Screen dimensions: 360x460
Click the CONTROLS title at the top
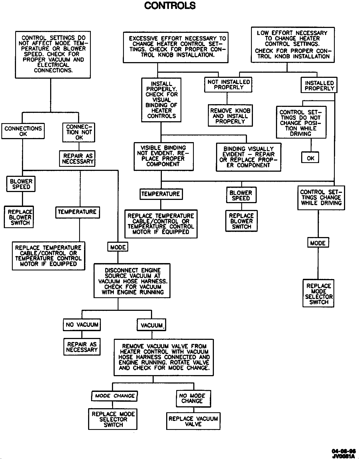point(170,5)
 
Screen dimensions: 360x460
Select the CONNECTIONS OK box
point(23,131)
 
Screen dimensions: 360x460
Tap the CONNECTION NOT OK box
point(79,132)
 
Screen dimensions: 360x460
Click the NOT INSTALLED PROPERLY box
point(228,85)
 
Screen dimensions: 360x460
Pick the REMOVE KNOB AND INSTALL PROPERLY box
point(230,116)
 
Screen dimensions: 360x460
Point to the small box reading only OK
point(310,158)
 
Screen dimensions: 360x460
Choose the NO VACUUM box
point(82,325)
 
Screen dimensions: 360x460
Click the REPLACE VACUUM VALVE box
point(193,421)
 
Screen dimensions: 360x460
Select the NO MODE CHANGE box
point(193,398)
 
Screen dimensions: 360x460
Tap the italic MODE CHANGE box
point(114,396)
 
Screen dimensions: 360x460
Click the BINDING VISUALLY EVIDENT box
point(249,157)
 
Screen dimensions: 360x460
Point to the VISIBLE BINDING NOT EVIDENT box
point(163,156)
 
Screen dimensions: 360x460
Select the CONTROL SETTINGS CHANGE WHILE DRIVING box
point(321,198)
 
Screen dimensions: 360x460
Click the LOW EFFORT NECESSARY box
point(292,45)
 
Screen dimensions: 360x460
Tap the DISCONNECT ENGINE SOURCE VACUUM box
point(132,281)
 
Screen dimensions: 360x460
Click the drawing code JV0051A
point(343,456)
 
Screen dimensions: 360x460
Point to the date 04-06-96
point(343,451)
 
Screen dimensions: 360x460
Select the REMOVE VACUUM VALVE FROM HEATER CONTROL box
point(164,357)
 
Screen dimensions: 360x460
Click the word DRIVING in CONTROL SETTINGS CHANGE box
point(331,203)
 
